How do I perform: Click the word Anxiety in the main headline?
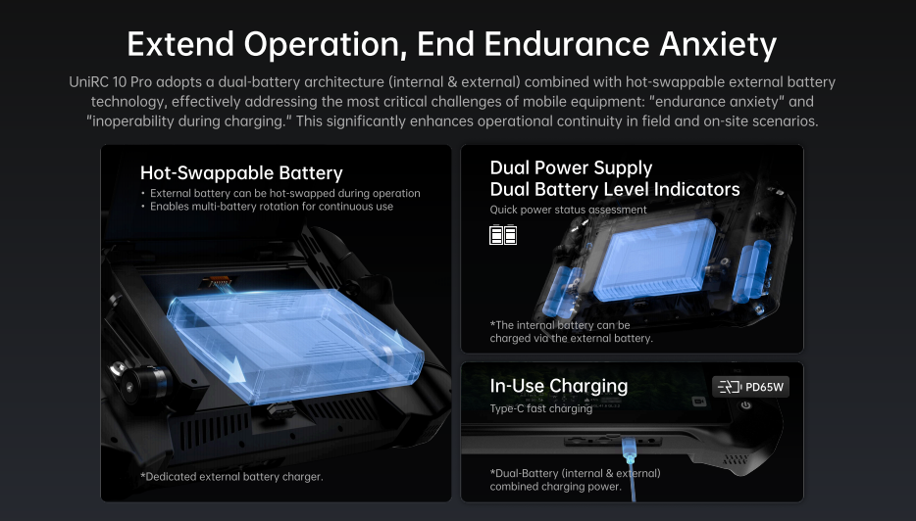(x=718, y=44)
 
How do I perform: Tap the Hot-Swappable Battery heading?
(x=241, y=172)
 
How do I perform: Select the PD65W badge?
(x=750, y=387)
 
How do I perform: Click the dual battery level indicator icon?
(x=503, y=234)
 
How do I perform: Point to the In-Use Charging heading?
(x=559, y=386)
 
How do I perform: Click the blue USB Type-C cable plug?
(x=629, y=453)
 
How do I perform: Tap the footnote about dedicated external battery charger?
(x=231, y=477)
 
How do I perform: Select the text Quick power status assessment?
(x=569, y=210)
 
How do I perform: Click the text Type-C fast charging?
(x=541, y=408)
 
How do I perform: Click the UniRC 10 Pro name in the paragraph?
(x=110, y=81)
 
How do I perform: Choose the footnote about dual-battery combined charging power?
(x=576, y=480)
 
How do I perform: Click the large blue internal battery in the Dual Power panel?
(x=655, y=260)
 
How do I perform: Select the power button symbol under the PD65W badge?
(x=746, y=404)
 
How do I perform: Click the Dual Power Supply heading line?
(x=571, y=168)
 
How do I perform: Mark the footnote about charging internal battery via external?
(x=572, y=331)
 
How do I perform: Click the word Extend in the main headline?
(x=181, y=44)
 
